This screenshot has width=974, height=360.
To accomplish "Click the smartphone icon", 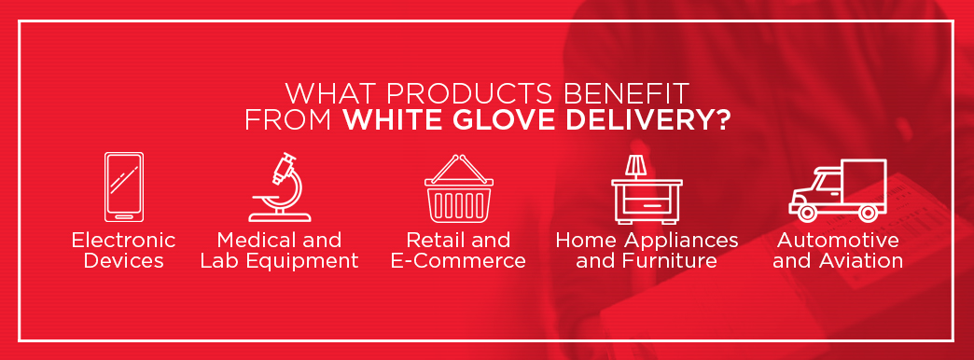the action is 123,187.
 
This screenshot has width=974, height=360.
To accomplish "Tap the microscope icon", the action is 280,187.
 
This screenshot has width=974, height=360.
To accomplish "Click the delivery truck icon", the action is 838,190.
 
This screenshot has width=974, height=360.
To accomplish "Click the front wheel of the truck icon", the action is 808,213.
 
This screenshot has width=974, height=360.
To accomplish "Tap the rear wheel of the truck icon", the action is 869,213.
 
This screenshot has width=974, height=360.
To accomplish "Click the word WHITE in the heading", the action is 393,119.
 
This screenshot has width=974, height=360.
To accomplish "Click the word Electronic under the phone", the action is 123,241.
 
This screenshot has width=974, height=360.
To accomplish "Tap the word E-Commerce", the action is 458,261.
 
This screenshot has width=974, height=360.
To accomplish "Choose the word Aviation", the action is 860,261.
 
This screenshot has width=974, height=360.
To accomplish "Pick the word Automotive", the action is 838,241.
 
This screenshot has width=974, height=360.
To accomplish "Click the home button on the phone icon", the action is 123,216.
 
